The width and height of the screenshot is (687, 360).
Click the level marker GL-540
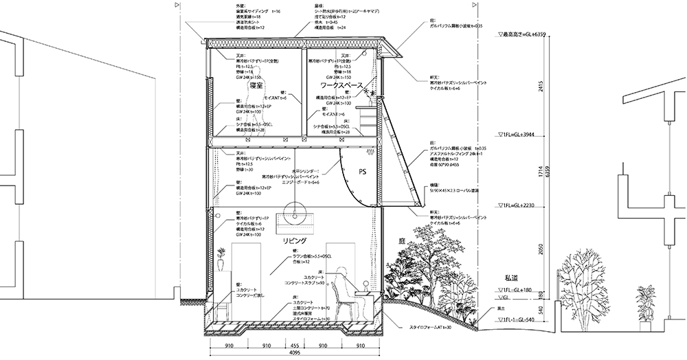519,319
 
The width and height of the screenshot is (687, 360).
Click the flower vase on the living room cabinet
221,260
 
